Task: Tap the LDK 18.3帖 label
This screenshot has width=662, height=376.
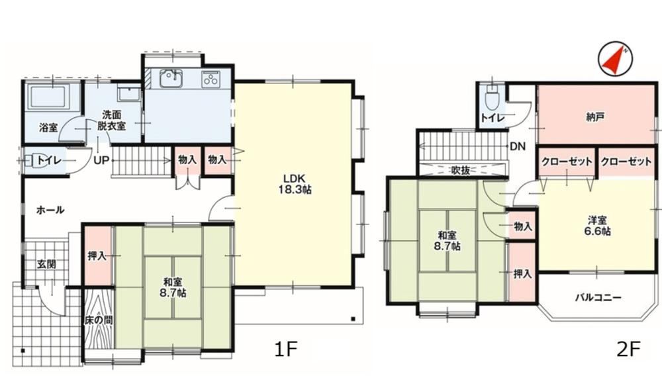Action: [x=295, y=183]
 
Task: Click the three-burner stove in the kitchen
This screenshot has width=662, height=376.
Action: [x=211, y=78]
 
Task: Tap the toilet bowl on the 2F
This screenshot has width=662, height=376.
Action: [x=491, y=99]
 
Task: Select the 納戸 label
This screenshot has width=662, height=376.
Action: [x=594, y=117]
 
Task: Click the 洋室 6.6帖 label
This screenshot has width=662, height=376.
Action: [x=597, y=226]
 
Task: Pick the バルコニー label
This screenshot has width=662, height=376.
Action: [x=598, y=297]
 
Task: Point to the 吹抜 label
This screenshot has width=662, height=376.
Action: [x=460, y=170]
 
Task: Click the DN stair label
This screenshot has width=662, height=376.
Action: [x=518, y=146]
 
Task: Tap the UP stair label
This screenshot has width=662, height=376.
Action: [x=101, y=160]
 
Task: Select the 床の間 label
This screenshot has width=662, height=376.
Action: [x=99, y=320]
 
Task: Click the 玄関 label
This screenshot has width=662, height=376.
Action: [x=46, y=264]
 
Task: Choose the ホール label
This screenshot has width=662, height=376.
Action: [x=50, y=210]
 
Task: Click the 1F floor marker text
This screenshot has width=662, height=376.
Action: [x=286, y=350]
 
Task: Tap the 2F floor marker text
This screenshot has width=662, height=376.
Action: [x=629, y=350]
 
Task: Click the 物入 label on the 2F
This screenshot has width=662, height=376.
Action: [x=523, y=226]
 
